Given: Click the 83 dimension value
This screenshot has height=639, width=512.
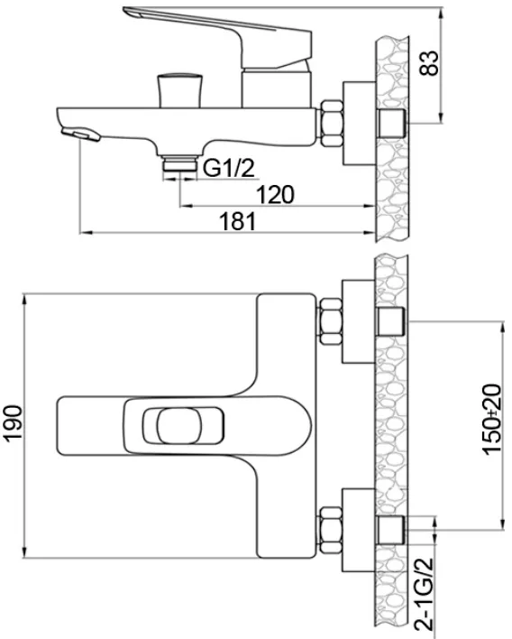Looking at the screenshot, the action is [x=430, y=63].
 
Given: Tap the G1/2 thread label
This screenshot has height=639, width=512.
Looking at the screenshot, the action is [x=229, y=168].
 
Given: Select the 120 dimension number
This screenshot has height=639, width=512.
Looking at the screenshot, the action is [x=275, y=194].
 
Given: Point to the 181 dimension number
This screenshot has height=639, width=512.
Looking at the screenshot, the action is [x=238, y=221].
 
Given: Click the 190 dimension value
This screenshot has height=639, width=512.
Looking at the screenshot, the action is [x=13, y=422].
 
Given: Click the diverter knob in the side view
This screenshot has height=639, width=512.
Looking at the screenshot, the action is [x=179, y=90].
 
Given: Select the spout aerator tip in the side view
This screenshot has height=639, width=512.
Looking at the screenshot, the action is [x=80, y=134].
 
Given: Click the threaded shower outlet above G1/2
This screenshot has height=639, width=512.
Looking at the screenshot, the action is [x=179, y=163].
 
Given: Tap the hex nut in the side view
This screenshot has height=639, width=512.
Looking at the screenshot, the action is [x=332, y=124].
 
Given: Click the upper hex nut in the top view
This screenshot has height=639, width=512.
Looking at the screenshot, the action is [x=331, y=322].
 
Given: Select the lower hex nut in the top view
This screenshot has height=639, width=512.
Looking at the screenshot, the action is [x=331, y=531].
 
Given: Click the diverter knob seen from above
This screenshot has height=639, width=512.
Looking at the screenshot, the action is [x=179, y=426].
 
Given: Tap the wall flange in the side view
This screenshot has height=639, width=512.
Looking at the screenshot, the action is [x=359, y=124].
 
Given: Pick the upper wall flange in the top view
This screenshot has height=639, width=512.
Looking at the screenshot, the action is [x=359, y=321].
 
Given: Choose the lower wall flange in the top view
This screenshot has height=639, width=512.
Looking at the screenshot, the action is [x=359, y=530].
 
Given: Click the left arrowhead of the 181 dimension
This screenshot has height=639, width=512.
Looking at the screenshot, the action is [x=84, y=233].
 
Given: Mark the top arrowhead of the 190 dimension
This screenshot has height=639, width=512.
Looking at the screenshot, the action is [x=25, y=299].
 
